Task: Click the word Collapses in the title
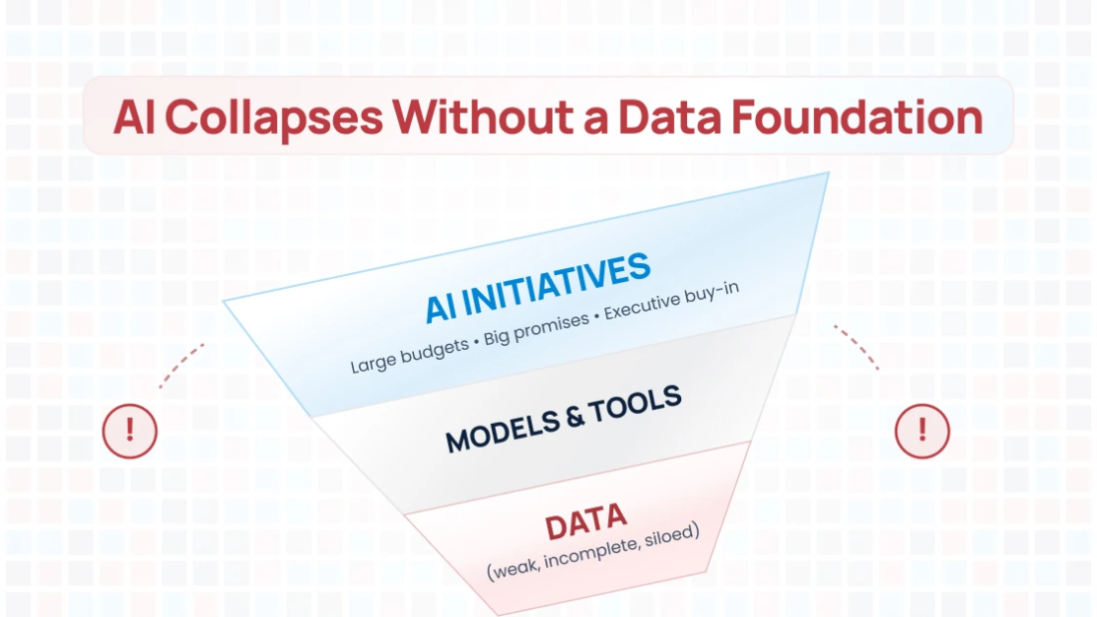273,118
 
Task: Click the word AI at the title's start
133,118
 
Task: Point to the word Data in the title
668,118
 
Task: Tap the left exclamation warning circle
130,431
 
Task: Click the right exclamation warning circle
921,431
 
